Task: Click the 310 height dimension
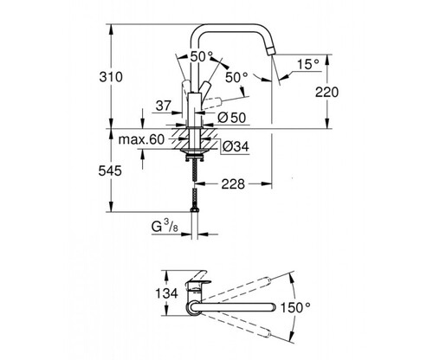pyautogui.click(x=111, y=77)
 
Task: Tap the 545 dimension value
pyautogui.click(x=110, y=171)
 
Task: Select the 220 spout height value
pyautogui.click(x=326, y=93)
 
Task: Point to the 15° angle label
pyautogui.click(x=308, y=64)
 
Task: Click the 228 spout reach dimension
pyautogui.click(x=233, y=184)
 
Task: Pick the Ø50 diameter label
pyautogui.click(x=232, y=118)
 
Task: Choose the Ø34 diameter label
pyautogui.click(x=236, y=147)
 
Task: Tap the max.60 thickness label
pyautogui.click(x=141, y=139)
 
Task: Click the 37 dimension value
pyautogui.click(x=164, y=106)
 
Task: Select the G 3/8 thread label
pyautogui.click(x=165, y=226)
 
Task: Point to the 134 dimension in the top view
pyautogui.click(x=166, y=293)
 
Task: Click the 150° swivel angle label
pyautogui.click(x=295, y=307)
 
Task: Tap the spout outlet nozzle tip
pyautogui.click(x=270, y=52)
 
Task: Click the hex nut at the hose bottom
pyautogui.click(x=194, y=209)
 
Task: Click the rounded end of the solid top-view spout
pyautogui.click(x=272, y=308)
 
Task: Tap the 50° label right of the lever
pyautogui.click(x=236, y=77)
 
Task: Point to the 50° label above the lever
pyautogui.click(x=202, y=56)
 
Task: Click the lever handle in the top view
pyautogui.click(x=198, y=276)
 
